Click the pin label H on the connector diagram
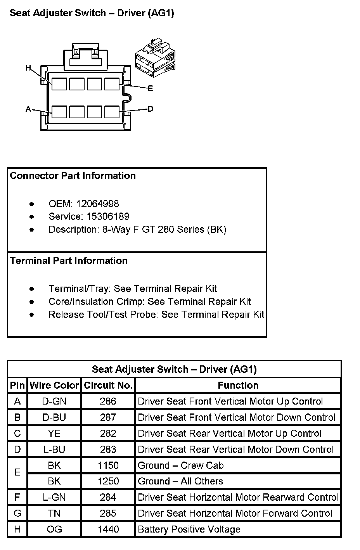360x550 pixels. coord(28,68)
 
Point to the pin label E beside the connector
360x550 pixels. coord(151,88)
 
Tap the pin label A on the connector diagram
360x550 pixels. coord(28,109)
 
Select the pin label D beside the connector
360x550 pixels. coord(151,109)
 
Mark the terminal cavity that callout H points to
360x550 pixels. coord(59,84)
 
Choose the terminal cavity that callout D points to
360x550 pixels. coord(112,112)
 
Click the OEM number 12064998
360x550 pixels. coord(97,204)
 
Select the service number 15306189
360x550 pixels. coord(103,216)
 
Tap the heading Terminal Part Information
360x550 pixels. coord(69,261)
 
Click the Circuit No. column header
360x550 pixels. coord(108,385)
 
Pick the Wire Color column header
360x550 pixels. coord(54,385)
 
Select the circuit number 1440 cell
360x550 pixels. coord(108,529)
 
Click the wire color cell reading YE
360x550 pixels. coord(54,433)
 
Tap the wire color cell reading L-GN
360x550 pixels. coord(54,497)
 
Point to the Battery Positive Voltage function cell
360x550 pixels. coord(189,529)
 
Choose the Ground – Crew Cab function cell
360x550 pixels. coord(180,465)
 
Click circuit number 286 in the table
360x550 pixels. coord(108,401)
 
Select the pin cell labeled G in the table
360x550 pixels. coord(17,513)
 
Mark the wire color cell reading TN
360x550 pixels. coord(54,513)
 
